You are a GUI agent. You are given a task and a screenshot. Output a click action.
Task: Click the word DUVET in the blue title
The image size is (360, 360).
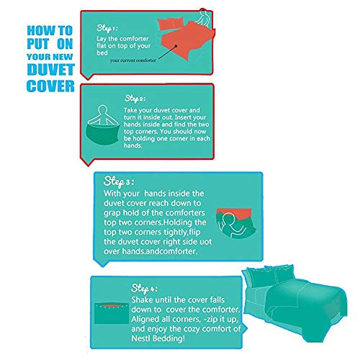click(x=51, y=70)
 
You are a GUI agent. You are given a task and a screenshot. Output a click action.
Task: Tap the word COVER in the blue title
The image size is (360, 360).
click(x=50, y=86)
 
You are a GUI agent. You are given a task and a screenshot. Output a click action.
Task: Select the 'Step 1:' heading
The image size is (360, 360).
click(x=107, y=28)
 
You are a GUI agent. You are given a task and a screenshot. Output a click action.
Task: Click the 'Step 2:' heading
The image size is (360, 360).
click(x=135, y=99)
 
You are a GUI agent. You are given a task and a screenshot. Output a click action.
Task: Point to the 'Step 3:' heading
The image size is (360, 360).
click(x=119, y=181)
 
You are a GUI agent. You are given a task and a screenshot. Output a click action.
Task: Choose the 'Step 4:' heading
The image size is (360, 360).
click(x=144, y=288)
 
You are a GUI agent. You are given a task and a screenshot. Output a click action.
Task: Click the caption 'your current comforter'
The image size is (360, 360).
click(x=133, y=60)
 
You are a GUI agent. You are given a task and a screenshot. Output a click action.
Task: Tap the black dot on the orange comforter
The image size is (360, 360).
click(x=176, y=46)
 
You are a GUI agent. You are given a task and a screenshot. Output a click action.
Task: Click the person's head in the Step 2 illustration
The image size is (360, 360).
click(x=102, y=109)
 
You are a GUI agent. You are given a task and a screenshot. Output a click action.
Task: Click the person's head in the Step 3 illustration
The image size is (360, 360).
click(x=228, y=218)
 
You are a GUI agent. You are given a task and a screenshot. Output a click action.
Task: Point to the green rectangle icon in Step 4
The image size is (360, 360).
click(x=112, y=313)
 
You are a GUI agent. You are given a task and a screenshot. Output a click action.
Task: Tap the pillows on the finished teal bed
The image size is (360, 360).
click(x=269, y=276)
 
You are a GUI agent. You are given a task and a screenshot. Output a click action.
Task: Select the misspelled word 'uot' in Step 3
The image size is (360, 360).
click(x=206, y=241)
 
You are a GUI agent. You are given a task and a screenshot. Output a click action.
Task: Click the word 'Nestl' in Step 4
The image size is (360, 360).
click(x=141, y=338)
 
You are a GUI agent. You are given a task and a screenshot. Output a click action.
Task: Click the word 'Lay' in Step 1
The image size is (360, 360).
click(x=102, y=39)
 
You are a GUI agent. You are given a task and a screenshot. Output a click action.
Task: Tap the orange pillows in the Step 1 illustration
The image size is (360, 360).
click(x=171, y=24)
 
